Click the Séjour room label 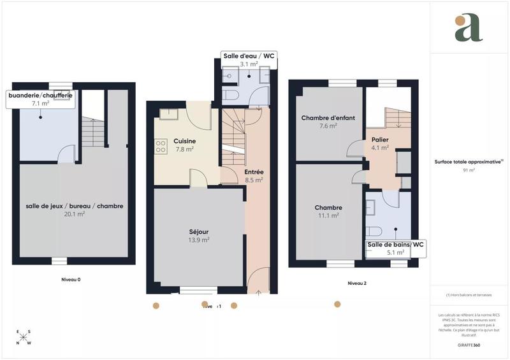tap(199, 231)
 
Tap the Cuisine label tap(185, 141)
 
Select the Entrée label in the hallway tap(254, 172)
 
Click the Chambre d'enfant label tap(328, 118)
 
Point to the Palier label tap(381, 140)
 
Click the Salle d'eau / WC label tap(249, 57)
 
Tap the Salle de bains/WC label tap(395, 245)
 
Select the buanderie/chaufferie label tap(40, 95)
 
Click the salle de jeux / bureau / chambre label tap(75, 206)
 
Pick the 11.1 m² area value tap(329, 215)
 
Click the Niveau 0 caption tap(71, 279)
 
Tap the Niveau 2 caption tap(357, 283)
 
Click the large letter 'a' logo tap(469, 27)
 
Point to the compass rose tap(24, 338)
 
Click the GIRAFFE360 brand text tap(469, 345)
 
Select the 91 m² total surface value tap(469, 170)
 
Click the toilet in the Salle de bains tap(374, 231)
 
